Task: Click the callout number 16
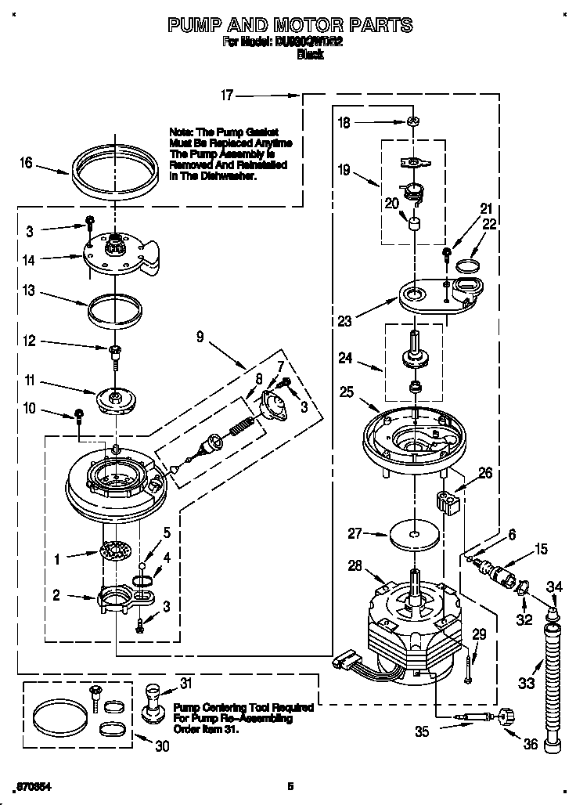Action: point(27,163)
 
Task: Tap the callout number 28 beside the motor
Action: point(354,565)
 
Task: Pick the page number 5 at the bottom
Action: point(290,785)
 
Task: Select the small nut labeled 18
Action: point(412,121)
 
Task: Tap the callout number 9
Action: point(200,337)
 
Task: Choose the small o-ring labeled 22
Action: point(468,265)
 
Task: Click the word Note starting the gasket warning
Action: point(181,133)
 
